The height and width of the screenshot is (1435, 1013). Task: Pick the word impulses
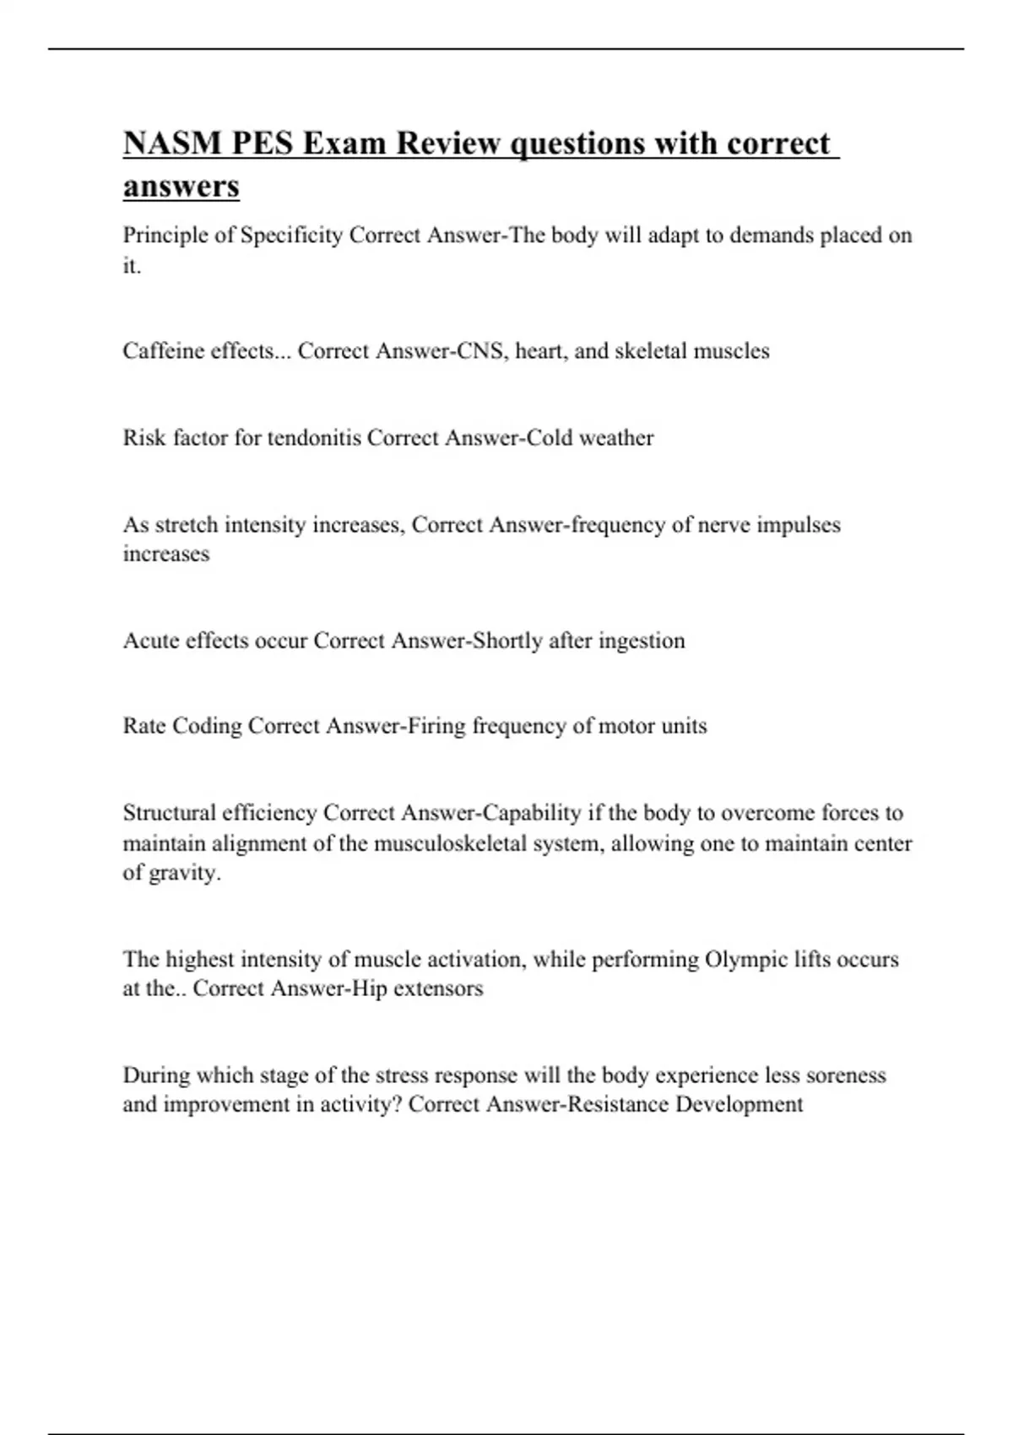coord(798,525)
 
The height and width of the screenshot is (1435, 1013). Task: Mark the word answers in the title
coord(181,186)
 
